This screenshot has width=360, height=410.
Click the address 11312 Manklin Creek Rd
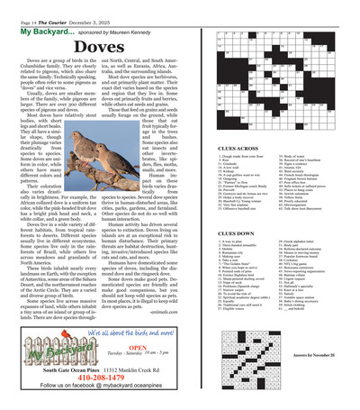tap(142, 370)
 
